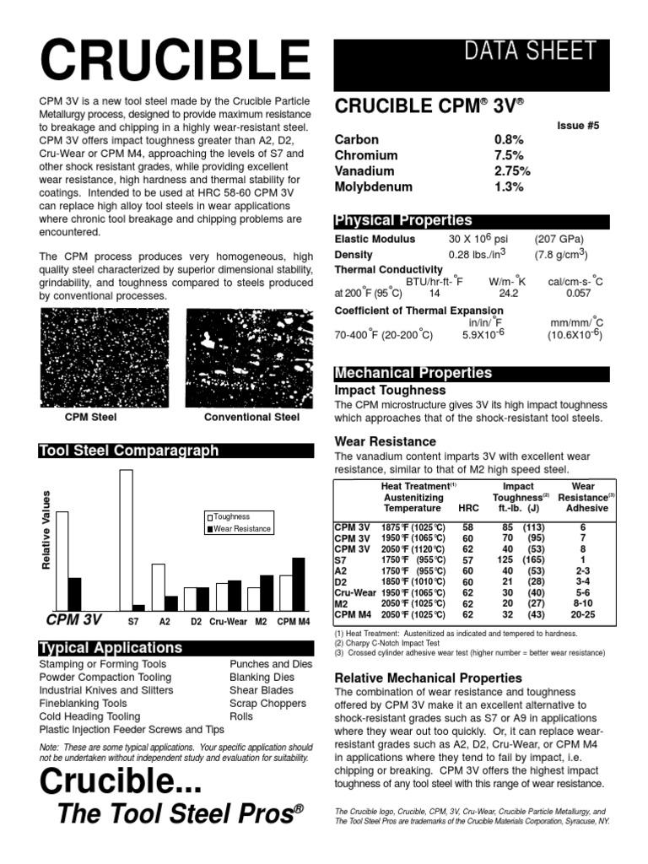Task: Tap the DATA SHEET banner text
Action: pyautogui.click(x=536, y=51)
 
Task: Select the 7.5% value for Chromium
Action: pyautogui.click(x=509, y=155)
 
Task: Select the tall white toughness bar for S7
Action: pyautogui.click(x=127, y=540)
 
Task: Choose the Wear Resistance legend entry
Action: pyautogui.click(x=240, y=529)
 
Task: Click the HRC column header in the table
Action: pyautogui.click(x=467, y=508)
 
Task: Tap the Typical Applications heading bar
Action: pyautogui.click(x=111, y=648)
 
